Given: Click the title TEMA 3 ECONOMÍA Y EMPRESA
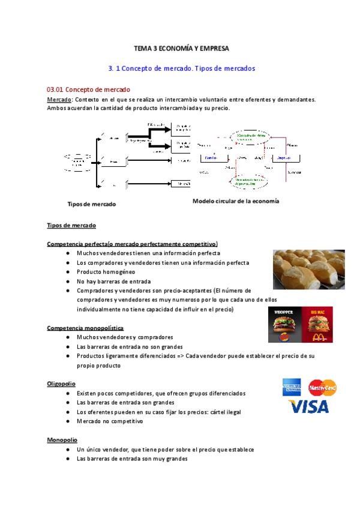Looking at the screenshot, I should (x=181, y=47).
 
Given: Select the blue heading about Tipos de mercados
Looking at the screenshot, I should (x=181, y=68).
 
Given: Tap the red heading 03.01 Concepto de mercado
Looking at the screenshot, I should (x=88, y=89).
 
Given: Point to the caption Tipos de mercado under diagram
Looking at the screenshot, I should (x=92, y=204).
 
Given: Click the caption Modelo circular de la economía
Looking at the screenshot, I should (x=235, y=201).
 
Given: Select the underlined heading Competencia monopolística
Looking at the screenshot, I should (x=85, y=328).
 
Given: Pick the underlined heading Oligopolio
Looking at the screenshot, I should (x=61, y=383).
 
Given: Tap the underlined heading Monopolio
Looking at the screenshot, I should (x=61, y=439).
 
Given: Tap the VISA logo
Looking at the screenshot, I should (x=308, y=407).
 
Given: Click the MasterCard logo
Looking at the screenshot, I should (x=322, y=387).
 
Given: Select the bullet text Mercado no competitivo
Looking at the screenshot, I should (x=109, y=421).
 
